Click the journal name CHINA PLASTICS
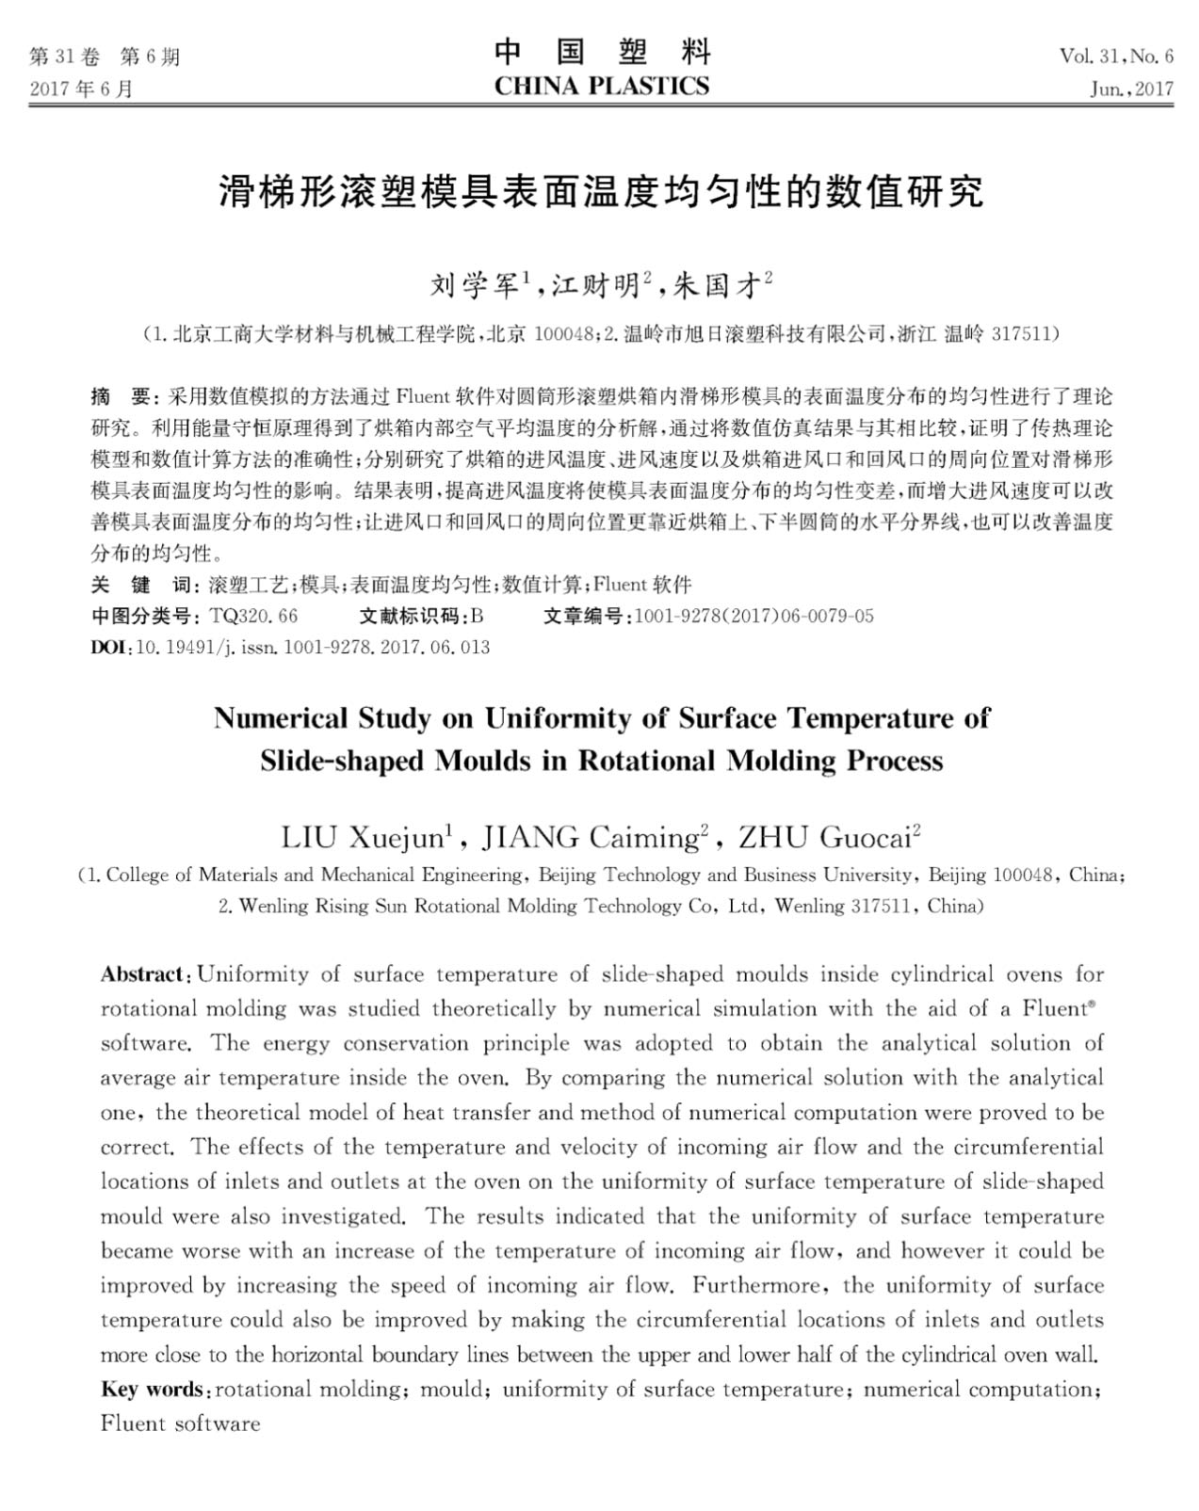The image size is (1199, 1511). pyautogui.click(x=601, y=87)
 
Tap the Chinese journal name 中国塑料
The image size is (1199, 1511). pyautogui.click(x=601, y=52)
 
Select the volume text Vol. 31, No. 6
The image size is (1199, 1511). pyautogui.click(x=1116, y=56)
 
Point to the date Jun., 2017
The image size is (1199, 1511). pyautogui.click(x=1131, y=89)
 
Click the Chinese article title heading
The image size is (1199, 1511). pyautogui.click(x=601, y=191)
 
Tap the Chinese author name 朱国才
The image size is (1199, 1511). pyautogui.click(x=717, y=284)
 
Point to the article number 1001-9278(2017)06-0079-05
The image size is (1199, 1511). pyautogui.click(x=754, y=616)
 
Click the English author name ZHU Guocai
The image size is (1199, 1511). pyautogui.click(x=824, y=837)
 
